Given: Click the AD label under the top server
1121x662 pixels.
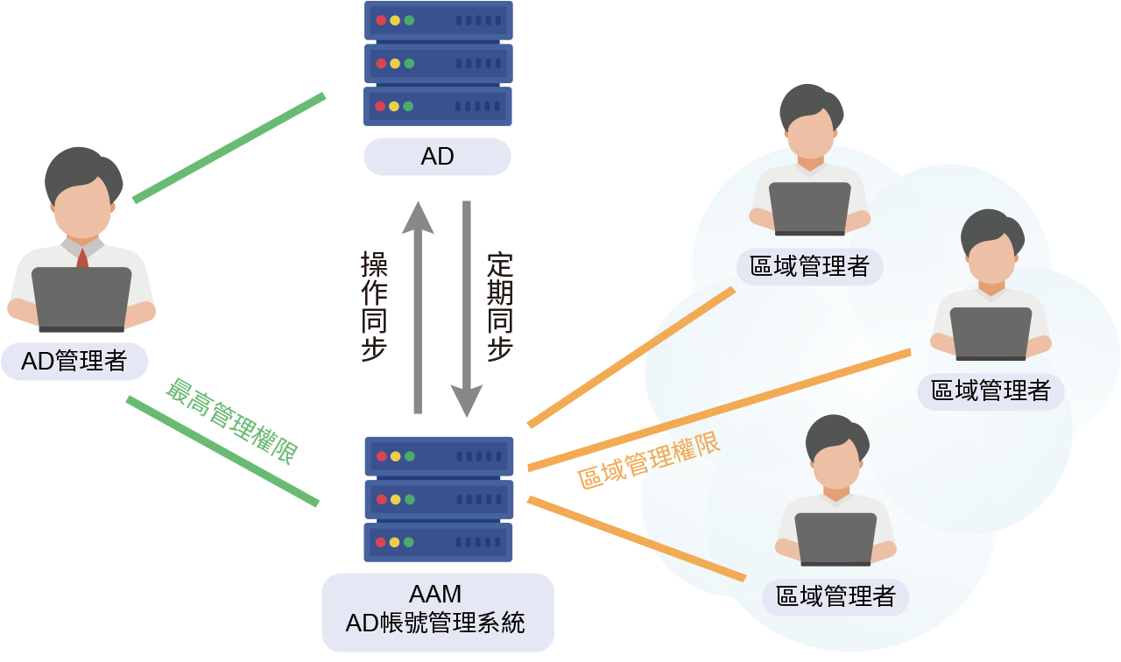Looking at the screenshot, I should [437, 157].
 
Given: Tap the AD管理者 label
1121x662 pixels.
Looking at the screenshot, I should [74, 361].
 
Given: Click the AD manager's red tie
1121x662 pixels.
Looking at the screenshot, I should [82, 257].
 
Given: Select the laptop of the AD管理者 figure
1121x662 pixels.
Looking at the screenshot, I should [81, 299].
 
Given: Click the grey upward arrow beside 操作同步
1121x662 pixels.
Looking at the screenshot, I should [418, 306].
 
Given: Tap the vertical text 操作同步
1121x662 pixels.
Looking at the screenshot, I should [375, 306].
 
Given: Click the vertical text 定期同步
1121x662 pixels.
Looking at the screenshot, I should [500, 306].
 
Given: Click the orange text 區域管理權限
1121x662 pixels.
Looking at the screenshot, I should [649, 461].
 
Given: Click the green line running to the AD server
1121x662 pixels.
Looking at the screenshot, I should [229, 147].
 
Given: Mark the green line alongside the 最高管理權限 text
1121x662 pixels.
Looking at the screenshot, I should [222, 451].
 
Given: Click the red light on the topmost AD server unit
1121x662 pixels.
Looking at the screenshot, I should [381, 20].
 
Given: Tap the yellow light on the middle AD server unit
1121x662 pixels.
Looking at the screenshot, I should [395, 63].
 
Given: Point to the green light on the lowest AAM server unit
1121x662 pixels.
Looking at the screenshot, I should [409, 542].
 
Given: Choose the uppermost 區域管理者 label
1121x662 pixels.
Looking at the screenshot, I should [810, 266].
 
